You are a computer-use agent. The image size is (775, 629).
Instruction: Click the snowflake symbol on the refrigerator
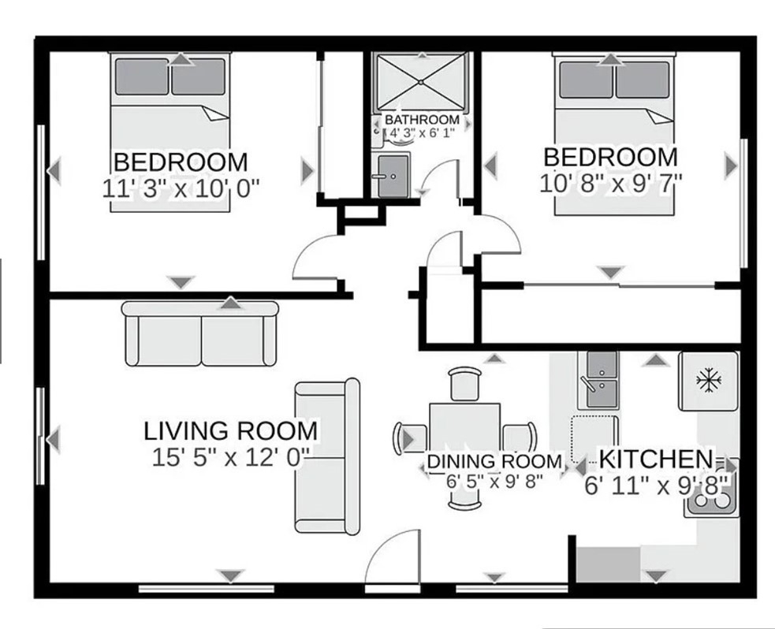(709, 380)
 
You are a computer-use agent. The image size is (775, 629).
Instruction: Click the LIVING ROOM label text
(230, 430)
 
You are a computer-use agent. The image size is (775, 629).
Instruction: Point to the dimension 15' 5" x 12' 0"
(230, 457)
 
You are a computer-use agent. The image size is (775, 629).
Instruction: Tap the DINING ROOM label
(494, 461)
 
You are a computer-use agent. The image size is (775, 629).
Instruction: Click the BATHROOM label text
(422, 120)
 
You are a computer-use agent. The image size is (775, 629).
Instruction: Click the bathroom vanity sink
(393, 176)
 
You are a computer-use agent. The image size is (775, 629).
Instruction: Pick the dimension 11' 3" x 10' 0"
(181, 188)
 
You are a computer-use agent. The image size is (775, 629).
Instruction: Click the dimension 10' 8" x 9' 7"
(611, 184)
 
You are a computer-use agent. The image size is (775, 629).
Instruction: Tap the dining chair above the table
(465, 384)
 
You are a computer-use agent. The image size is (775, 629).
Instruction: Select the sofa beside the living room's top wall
(200, 333)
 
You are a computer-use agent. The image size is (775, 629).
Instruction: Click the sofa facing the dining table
(327, 457)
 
